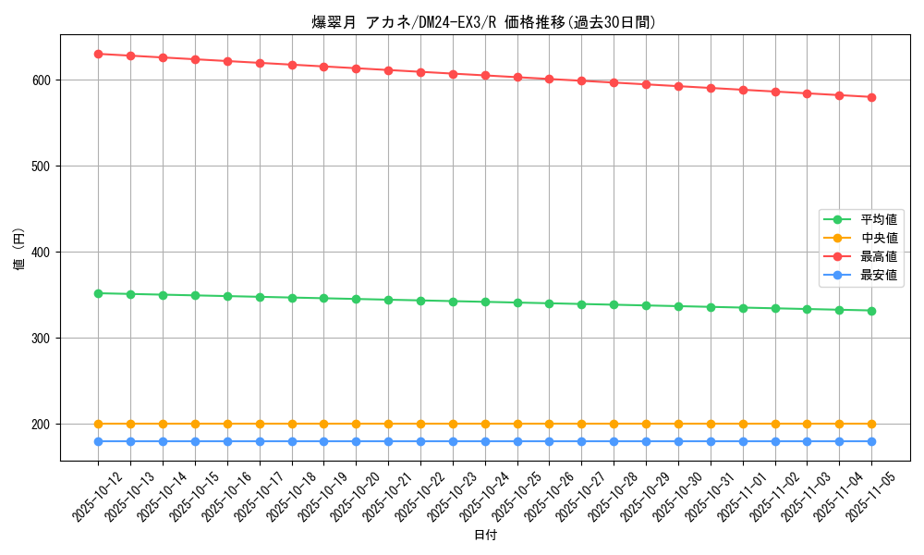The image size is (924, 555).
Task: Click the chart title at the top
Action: click(484, 22)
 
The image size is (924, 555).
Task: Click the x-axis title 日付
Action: click(485, 536)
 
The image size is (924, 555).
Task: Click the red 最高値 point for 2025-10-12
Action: click(98, 54)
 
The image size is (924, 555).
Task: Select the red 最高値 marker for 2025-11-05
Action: click(871, 97)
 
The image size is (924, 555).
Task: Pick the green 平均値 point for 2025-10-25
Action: click(517, 302)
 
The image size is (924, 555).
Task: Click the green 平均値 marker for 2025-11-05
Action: click(871, 311)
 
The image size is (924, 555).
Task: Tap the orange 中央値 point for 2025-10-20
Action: click(356, 424)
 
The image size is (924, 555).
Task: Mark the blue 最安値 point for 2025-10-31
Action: click(711, 441)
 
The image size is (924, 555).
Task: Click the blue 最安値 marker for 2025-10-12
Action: click(98, 441)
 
